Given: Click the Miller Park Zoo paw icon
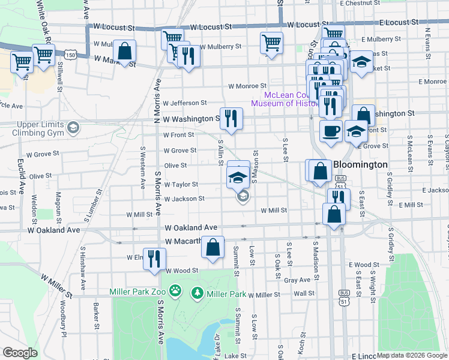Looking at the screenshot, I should pyautogui.click(x=175, y=292).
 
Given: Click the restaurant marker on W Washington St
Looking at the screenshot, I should pyautogui.click(x=231, y=118).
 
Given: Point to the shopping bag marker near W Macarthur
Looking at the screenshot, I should pyautogui.click(x=212, y=247).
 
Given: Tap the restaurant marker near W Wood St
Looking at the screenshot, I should pyautogui.click(x=154, y=259).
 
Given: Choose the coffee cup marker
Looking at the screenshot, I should pyautogui.click(x=330, y=131).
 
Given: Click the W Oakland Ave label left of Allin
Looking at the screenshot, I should pyautogui.click(x=190, y=228).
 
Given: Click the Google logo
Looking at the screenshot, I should pyautogui.click(x=20, y=353).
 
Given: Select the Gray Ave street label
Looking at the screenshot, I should pyautogui.click(x=297, y=280).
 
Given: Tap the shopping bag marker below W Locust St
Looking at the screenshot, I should pyautogui.click(x=125, y=51).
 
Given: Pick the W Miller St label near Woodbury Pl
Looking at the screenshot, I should pyautogui.click(x=56, y=286).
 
